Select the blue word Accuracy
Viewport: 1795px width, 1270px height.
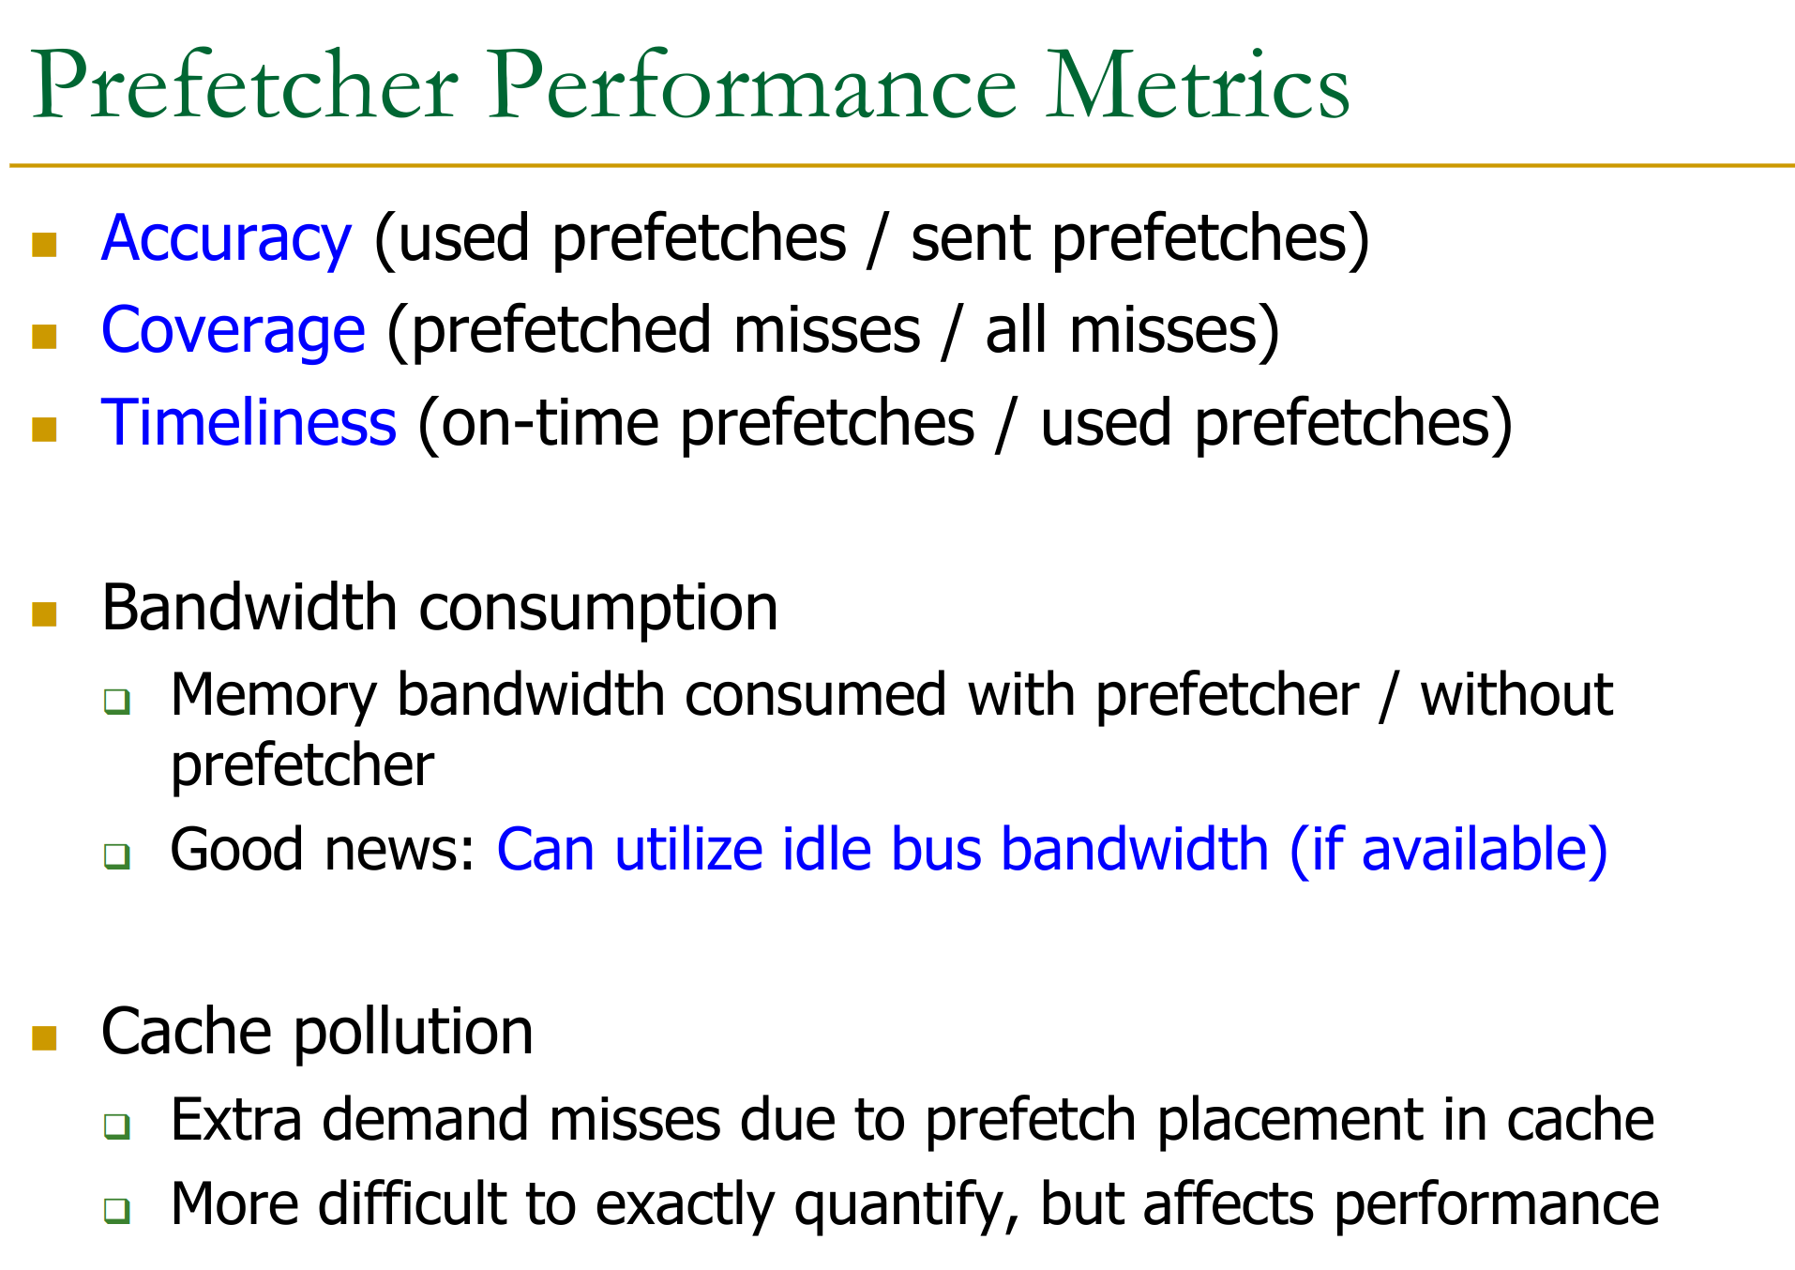[226, 239]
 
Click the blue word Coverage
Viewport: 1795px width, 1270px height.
[233, 331]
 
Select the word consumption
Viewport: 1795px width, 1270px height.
[598, 611]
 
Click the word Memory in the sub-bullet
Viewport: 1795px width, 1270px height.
[273, 696]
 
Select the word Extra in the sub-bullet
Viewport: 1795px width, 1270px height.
[235, 1121]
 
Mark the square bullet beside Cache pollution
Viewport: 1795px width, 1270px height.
[44, 1036]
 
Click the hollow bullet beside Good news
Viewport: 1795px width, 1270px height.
[117, 855]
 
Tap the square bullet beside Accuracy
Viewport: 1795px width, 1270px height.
[44, 244]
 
